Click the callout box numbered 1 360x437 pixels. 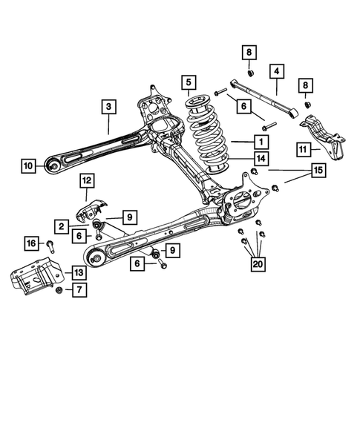click(261, 140)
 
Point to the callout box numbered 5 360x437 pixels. click(189, 82)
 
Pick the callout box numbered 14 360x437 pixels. click(261, 158)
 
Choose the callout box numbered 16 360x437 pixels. click(32, 243)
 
